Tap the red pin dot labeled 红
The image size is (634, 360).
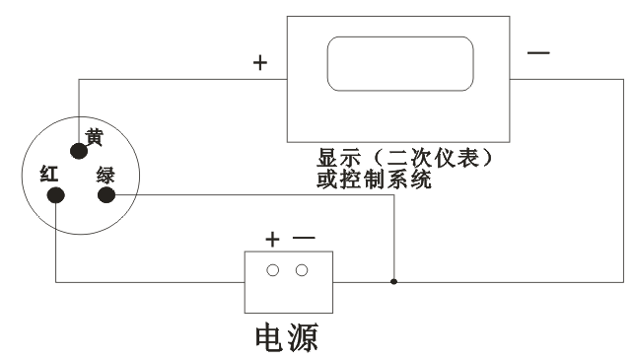56,194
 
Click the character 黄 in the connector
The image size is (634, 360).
95,138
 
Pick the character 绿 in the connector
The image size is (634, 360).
106,176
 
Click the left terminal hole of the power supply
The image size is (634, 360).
273,269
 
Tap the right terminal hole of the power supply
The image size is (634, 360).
301,269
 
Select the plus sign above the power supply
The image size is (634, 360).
273,239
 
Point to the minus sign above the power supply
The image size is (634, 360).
303,239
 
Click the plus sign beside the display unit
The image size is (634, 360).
260,62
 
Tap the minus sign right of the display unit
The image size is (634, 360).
539,51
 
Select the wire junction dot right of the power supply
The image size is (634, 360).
394,282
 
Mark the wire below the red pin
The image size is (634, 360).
56,247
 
